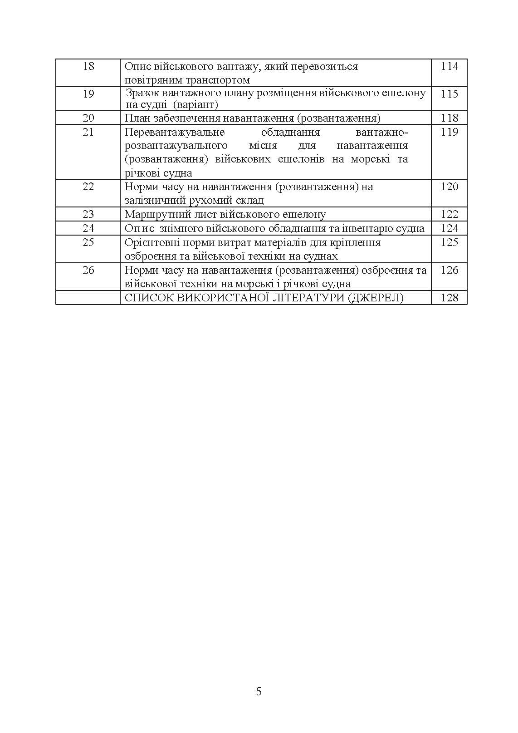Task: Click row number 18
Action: click(88, 66)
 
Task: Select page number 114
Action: click(449, 66)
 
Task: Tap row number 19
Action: click(88, 94)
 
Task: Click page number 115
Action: click(449, 94)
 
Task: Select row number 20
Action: click(88, 118)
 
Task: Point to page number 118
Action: click(449, 118)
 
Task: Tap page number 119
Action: click(449, 132)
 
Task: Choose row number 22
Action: click(88, 187)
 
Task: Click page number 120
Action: click(449, 187)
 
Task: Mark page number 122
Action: click(449, 214)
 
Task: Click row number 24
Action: click(88, 228)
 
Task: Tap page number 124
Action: click(449, 228)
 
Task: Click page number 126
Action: click(449, 270)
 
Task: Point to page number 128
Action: click(449, 298)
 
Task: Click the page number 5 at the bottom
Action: click(259, 692)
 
